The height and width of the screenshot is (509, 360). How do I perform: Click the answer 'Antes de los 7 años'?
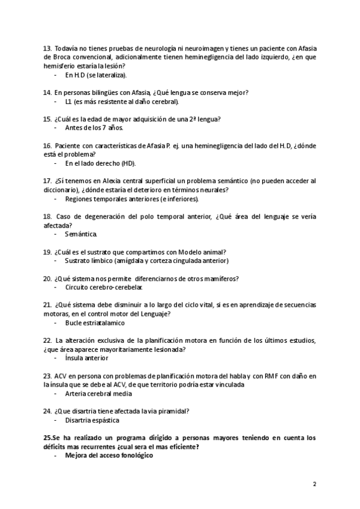click(94, 128)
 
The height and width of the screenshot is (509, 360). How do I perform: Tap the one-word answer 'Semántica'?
click(80, 234)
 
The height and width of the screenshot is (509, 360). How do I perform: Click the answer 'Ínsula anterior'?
click(87, 358)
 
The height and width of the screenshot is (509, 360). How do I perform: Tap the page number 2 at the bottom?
click(314, 483)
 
